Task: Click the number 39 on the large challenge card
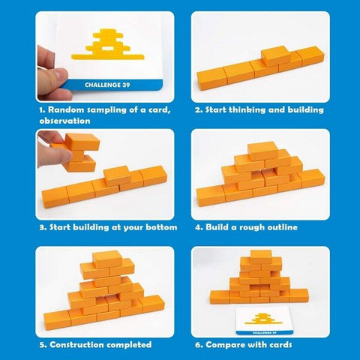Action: click(x=126, y=85)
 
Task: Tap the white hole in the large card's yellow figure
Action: click(x=108, y=49)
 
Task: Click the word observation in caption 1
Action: click(x=64, y=121)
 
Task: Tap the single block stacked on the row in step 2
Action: click(x=276, y=55)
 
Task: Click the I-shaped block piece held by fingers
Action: click(x=80, y=152)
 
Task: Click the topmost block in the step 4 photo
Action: click(x=263, y=151)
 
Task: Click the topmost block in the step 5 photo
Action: click(x=107, y=259)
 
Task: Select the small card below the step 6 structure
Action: click(x=264, y=321)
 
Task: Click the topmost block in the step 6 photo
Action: click(x=261, y=257)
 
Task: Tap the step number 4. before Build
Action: click(x=199, y=227)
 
